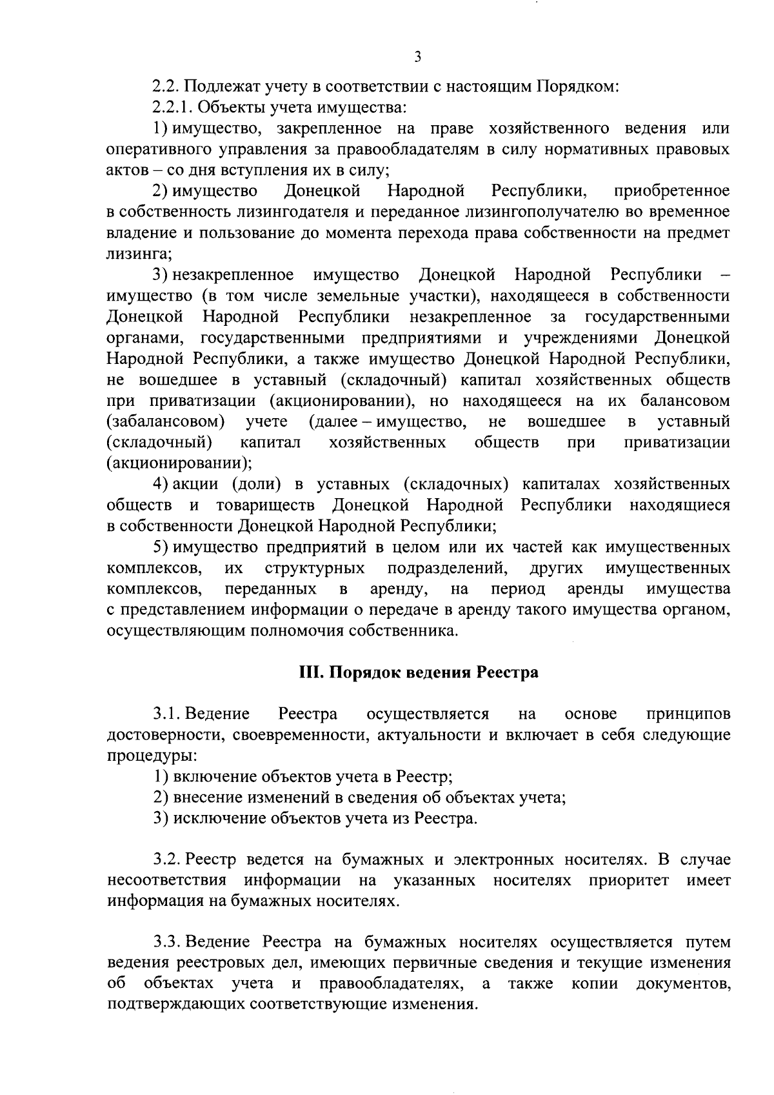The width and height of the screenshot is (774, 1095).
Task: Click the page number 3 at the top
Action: tap(417, 57)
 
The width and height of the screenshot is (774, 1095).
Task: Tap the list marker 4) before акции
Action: tap(161, 485)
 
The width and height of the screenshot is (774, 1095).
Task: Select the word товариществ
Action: tap(265, 505)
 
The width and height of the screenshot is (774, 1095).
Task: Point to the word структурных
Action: tap(315, 568)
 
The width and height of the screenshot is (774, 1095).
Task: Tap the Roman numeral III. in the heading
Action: tap(312, 673)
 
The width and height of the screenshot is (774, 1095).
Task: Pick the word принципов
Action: tap(688, 714)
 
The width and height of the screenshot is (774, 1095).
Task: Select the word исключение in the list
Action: tap(212, 819)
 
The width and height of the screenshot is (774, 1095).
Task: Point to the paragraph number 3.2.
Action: tap(166, 860)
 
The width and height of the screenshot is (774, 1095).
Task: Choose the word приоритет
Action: tap(629, 881)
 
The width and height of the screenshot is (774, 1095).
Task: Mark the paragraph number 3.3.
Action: tap(166, 943)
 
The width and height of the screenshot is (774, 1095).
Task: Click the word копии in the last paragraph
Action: tap(595, 984)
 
